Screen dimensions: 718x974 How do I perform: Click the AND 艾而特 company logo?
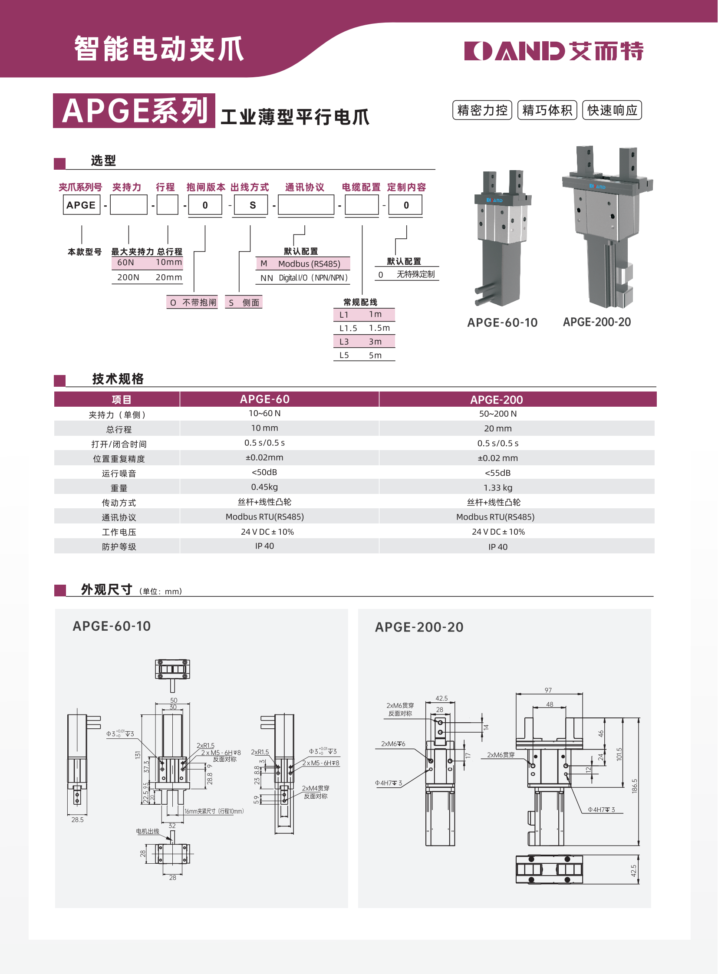pyautogui.click(x=553, y=51)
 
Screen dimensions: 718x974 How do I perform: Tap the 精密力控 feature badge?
pyautogui.click(x=482, y=110)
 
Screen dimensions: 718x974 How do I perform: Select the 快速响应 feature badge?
pyautogui.click(x=612, y=110)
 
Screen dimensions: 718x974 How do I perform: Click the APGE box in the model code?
pyautogui.click(x=81, y=205)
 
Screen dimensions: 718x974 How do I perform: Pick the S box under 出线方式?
pyautogui.click(x=251, y=205)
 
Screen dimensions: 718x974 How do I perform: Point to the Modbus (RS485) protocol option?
pyautogui.click(x=303, y=263)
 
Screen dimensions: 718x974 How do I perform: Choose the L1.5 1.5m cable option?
pyautogui.click(x=364, y=328)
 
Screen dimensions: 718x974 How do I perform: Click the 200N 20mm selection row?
pyautogui.click(x=147, y=277)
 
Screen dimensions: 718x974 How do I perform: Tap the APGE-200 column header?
pyautogui.click(x=496, y=399)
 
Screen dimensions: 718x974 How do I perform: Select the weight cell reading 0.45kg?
pyautogui.click(x=264, y=487)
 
